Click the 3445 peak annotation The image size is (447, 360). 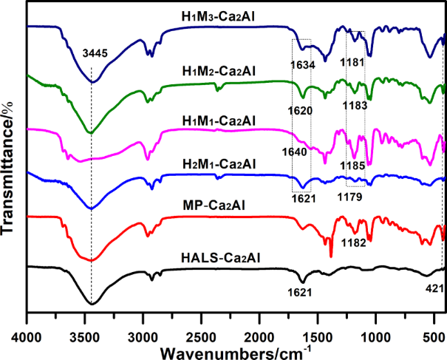pyautogui.click(x=91, y=53)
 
